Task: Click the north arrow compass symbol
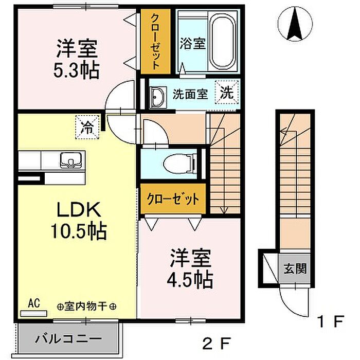coord(295,24)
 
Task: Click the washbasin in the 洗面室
coord(157,97)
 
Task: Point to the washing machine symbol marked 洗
coord(227,92)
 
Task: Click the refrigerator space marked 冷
coord(87,127)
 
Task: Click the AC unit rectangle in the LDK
coord(34,313)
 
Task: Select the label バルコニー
coord(68,338)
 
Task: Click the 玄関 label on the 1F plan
coord(295,268)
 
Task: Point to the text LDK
coord(79,209)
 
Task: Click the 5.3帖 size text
coord(77,70)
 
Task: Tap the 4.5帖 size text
coord(190,280)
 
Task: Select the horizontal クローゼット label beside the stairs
coord(173,199)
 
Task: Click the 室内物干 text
coord(86,307)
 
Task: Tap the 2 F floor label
coord(216,343)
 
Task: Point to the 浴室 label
coord(192,43)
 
